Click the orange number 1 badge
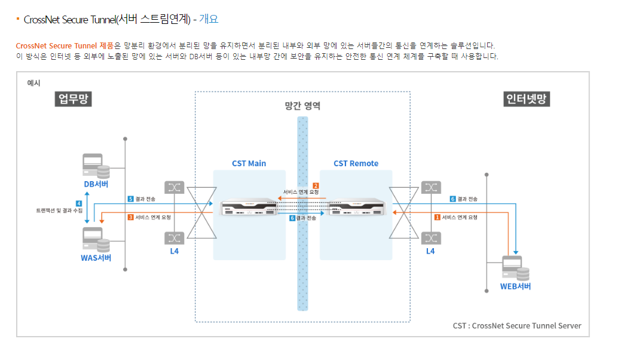click(x=438, y=217)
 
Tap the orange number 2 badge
click(x=316, y=185)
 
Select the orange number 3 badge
click(x=130, y=217)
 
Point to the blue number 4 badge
click(x=79, y=203)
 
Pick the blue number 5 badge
click(x=130, y=199)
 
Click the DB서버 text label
click(x=97, y=184)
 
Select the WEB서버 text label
click(x=515, y=286)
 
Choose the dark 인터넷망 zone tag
click(x=527, y=99)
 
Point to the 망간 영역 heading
click(x=302, y=106)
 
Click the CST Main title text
click(x=249, y=163)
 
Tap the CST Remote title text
click(x=356, y=163)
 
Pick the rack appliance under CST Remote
click(x=355, y=208)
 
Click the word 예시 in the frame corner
click(x=33, y=83)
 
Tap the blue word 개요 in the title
click(x=209, y=19)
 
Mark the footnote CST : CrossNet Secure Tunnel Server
click(x=516, y=326)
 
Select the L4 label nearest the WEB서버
click(x=430, y=251)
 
